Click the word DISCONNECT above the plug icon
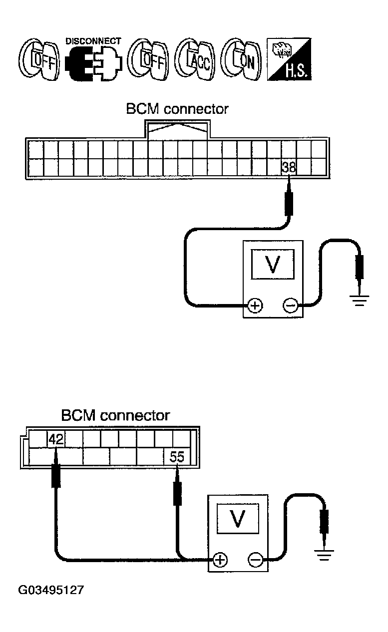pos(93,41)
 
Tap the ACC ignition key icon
pos(195,59)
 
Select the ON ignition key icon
pos(241,59)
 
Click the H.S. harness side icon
pos(289,59)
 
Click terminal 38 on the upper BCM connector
pos(289,167)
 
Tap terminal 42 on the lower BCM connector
pos(56,439)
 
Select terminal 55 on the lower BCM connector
pos(177,456)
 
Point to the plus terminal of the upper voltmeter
pos(255,306)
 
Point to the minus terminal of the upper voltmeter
pos(290,306)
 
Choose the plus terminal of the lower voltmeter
pos(220,560)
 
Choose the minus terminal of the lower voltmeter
pos(255,560)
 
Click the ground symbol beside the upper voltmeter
pos(359,301)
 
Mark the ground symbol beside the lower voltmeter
pos(324,555)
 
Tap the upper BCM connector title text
pos(177,109)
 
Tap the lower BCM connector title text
pos(115,416)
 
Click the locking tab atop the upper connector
pos(177,129)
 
